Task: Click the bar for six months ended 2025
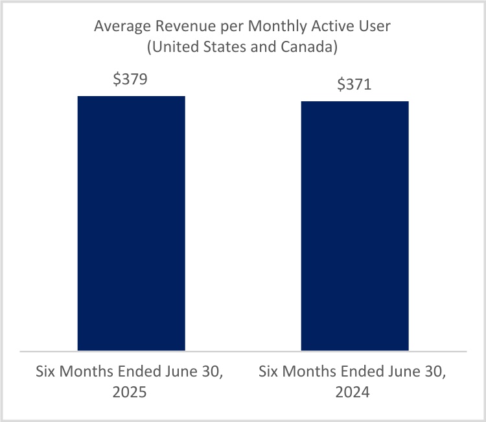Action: (x=132, y=223)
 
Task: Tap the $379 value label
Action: (x=131, y=80)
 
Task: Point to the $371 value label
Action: (x=354, y=85)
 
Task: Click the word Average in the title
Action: (x=119, y=27)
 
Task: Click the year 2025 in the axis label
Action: (x=131, y=393)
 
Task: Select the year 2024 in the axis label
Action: (x=354, y=393)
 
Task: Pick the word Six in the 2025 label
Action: (x=47, y=373)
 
